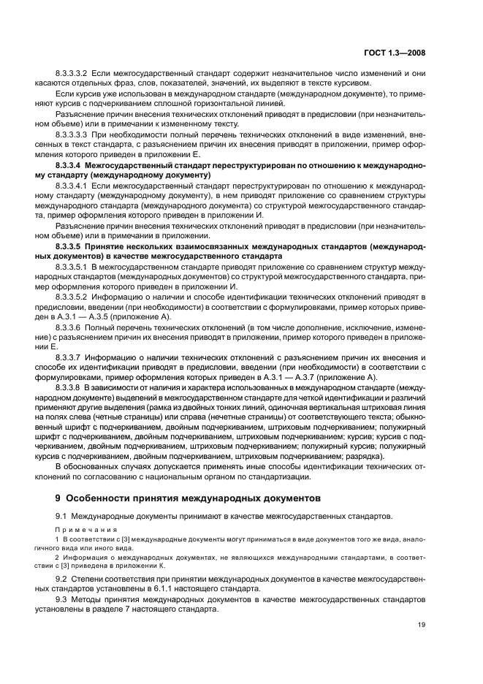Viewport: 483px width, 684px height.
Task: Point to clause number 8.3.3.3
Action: tap(71, 135)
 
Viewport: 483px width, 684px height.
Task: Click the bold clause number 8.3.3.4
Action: tap(72, 167)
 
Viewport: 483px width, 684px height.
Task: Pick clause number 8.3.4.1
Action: tap(71, 187)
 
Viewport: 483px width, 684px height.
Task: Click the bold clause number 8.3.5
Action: tap(69, 248)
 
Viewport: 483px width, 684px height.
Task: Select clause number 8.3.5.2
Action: tap(71, 298)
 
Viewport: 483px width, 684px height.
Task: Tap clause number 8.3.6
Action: tap(68, 329)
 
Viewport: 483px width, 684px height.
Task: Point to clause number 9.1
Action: tap(61, 516)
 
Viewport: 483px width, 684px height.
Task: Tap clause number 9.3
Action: tap(61, 599)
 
